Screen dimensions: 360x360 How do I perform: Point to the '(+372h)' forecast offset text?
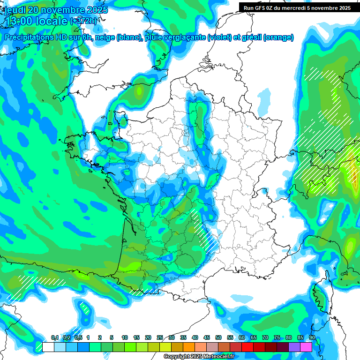pyautogui.click(x=84, y=21)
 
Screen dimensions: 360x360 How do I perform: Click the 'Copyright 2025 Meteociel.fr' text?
pyautogui.click(x=199, y=357)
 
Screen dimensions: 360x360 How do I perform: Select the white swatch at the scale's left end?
pyautogui.click(x=48, y=347)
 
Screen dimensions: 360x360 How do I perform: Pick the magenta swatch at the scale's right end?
pyautogui.click(x=306, y=347)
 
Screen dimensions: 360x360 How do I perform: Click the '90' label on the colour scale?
pyautogui.click(x=312, y=338)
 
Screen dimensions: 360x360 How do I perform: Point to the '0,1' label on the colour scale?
pyautogui.click(x=54, y=338)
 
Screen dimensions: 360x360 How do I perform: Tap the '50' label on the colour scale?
pyautogui.click(x=218, y=338)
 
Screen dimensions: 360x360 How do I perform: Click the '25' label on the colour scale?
pyautogui.click(x=160, y=338)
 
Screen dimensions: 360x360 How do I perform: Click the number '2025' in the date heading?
pyautogui.click(x=94, y=10)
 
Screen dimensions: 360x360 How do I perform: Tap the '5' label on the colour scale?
pyautogui.click(x=112, y=338)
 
